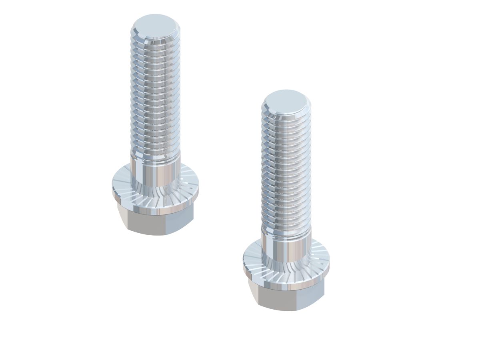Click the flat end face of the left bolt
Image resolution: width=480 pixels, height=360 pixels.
(x=155, y=27)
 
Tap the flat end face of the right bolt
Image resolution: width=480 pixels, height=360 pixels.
(x=286, y=102)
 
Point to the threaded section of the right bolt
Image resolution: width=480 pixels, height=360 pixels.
(x=286, y=172)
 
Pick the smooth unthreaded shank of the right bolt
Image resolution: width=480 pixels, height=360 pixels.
(x=286, y=248)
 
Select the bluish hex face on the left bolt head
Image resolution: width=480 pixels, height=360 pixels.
(x=180, y=222)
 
